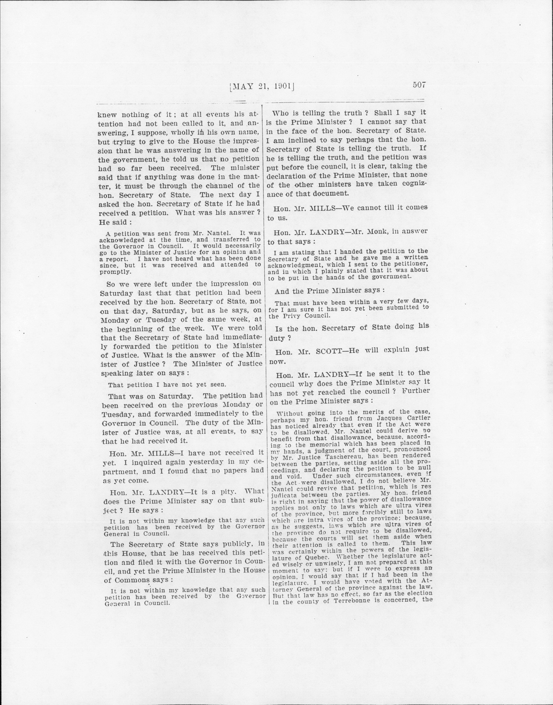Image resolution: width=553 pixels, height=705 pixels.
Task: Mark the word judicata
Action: [284, 495]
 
